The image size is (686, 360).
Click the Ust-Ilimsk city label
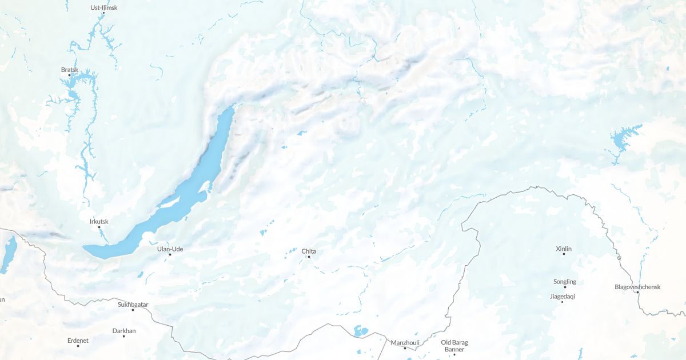(103, 7)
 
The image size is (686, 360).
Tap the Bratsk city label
(69, 70)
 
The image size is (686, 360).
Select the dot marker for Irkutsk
(99, 227)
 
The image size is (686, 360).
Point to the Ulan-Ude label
(169, 249)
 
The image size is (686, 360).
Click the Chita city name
(309, 251)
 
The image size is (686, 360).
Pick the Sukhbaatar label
(133, 305)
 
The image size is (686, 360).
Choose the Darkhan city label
(124, 331)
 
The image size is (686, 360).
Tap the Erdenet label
(78, 341)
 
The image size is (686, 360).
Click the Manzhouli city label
(405, 343)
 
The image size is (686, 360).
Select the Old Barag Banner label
(454, 346)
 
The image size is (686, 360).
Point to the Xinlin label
(564, 249)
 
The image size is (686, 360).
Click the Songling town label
(565, 282)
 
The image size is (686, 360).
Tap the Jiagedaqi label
(562, 296)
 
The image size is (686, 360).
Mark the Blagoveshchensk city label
(637, 287)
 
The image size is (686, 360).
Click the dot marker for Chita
(309, 257)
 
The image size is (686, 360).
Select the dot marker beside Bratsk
(70, 75)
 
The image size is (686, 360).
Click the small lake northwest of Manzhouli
(360, 331)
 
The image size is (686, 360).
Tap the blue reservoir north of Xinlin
(619, 139)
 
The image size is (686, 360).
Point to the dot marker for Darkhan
(123, 336)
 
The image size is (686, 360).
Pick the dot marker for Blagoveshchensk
(637, 292)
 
